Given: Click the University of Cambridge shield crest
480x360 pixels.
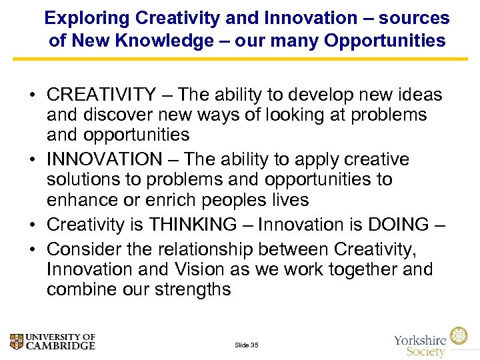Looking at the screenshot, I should (17, 342).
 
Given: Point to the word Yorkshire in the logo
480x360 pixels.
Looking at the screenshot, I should (421, 340).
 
